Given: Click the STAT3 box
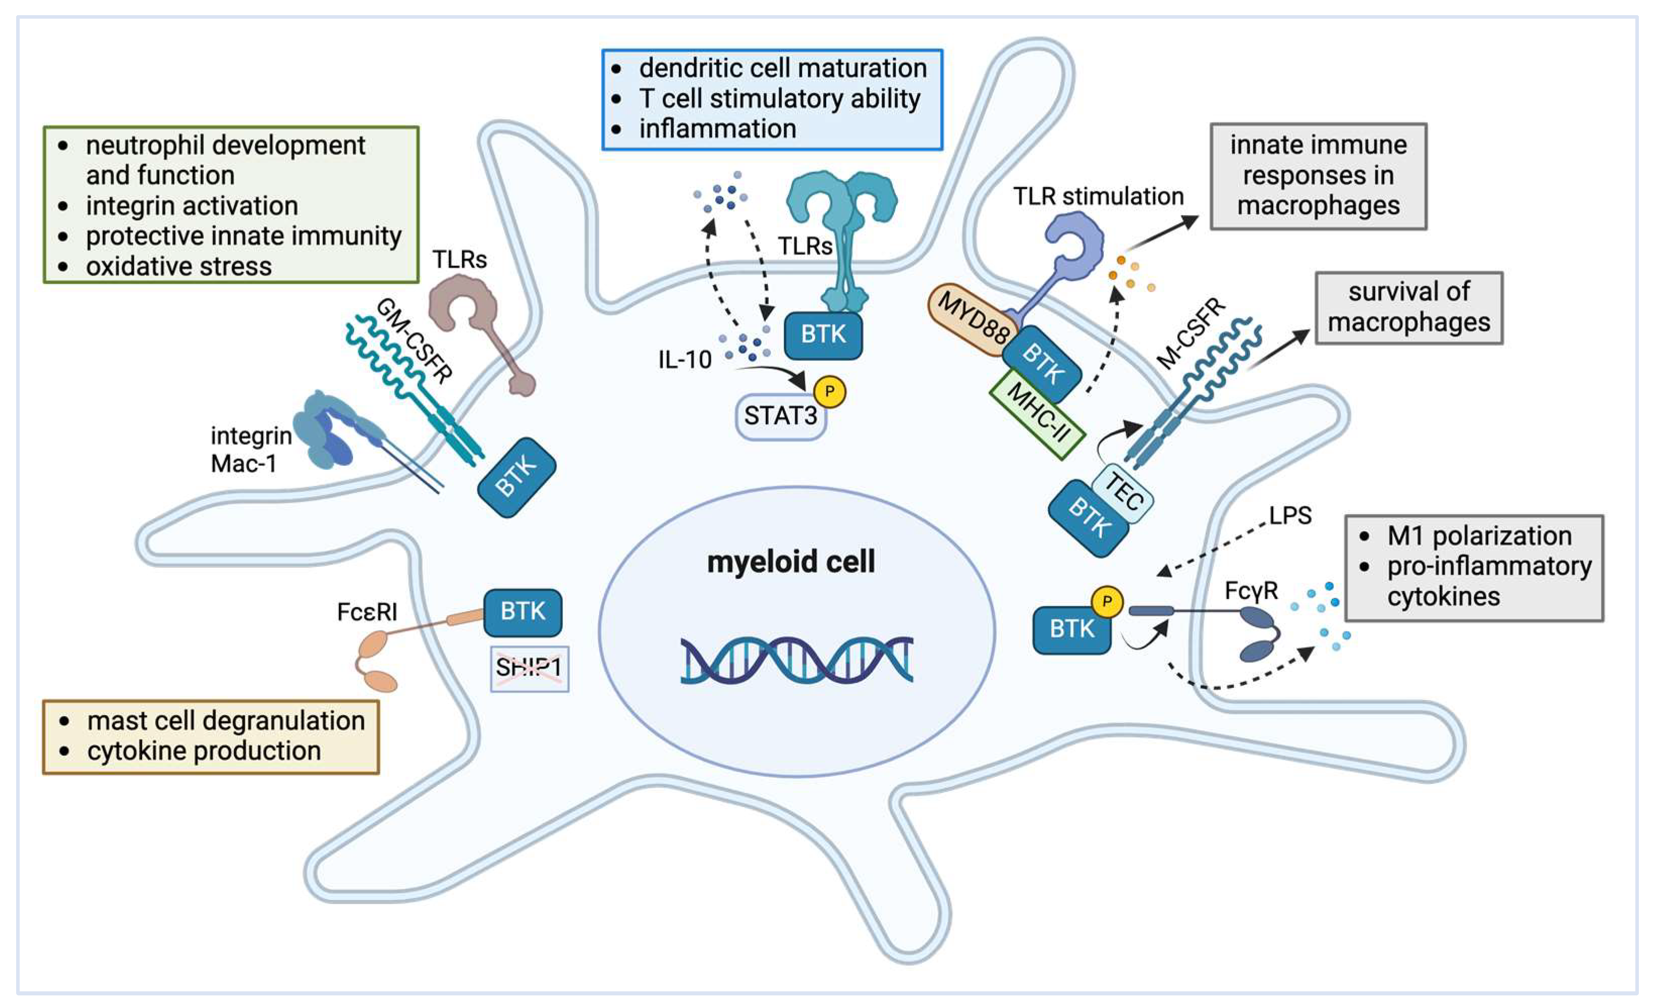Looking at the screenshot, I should click(780, 416).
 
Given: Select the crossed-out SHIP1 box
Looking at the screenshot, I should click(529, 668).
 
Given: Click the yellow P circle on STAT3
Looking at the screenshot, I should click(829, 391).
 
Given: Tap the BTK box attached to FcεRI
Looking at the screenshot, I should click(522, 611).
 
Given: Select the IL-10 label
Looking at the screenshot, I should click(685, 360).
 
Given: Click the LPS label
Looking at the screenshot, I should click(1289, 515).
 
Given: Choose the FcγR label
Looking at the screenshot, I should click(1251, 591).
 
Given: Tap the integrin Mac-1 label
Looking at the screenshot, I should click(250, 450).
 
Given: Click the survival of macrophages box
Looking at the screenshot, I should click(1408, 307).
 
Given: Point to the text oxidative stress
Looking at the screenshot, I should click(179, 267).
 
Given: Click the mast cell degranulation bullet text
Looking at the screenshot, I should click(225, 720).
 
